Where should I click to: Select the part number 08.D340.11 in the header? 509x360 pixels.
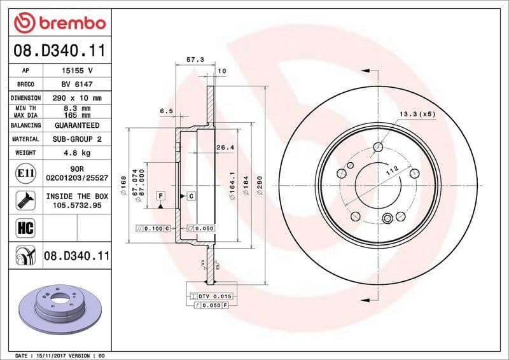tap(59, 49)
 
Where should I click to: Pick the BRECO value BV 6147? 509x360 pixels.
tap(78, 85)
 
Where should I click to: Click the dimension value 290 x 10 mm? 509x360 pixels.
tap(78, 98)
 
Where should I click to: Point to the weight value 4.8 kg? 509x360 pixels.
tap(78, 153)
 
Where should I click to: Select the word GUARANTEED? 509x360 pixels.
tap(78, 125)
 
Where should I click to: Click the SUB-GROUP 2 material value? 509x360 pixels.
tap(78, 139)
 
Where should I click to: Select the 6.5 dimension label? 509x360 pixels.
tap(166, 111)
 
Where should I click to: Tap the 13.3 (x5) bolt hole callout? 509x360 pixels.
tap(417, 114)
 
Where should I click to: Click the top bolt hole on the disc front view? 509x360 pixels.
tap(379, 148)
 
